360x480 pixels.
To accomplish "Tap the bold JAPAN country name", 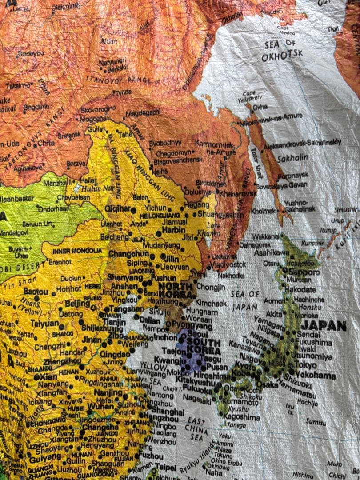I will pos(323,326).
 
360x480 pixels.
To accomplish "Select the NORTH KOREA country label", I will pos(175,290).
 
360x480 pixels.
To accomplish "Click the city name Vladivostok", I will pos(228,264).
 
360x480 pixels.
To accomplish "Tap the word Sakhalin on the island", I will pos(292,158).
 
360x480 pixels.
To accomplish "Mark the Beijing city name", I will pos(77,304).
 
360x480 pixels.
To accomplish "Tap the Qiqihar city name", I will pos(117,208).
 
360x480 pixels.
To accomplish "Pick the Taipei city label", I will pos(164,468).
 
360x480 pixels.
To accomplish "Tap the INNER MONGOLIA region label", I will pos(77,251).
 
